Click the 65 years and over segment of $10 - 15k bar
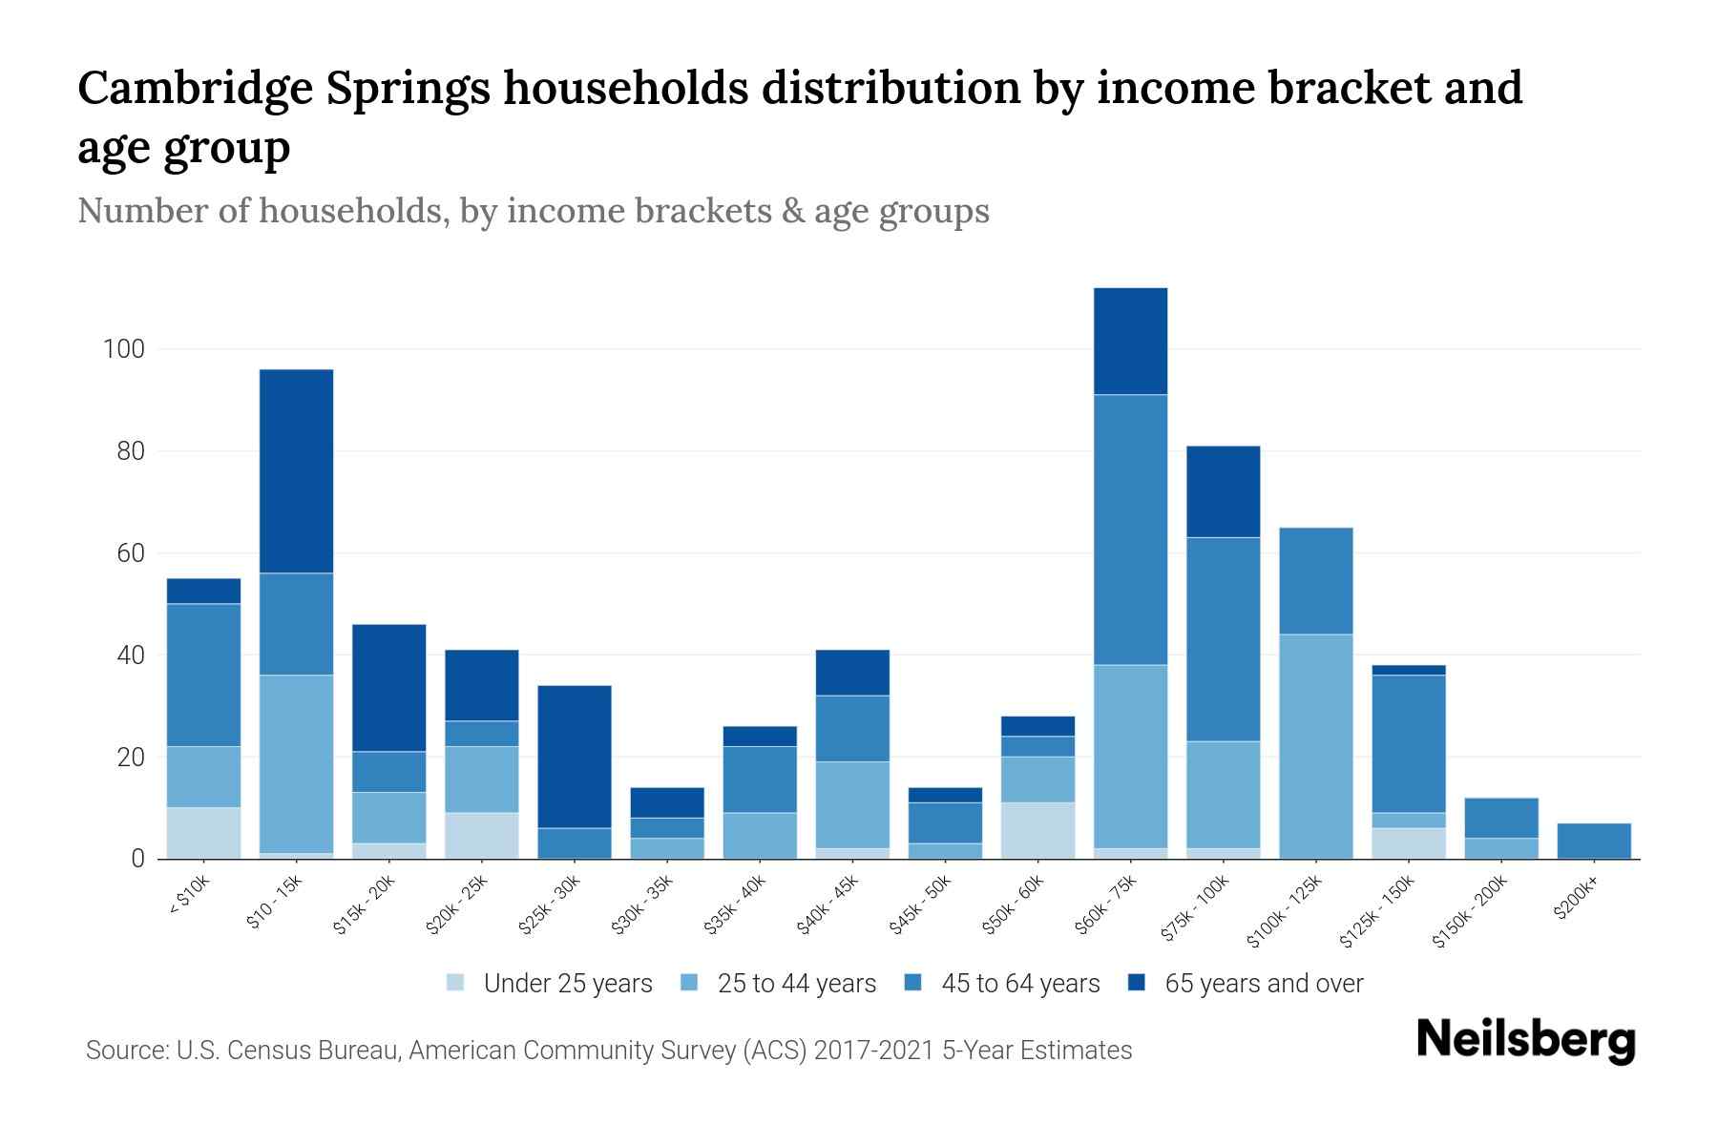tap(296, 470)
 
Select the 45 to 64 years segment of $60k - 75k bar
tap(1130, 530)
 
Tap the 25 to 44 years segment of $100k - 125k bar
tap(1315, 746)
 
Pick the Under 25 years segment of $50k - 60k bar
tap(1037, 830)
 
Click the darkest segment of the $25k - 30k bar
tap(575, 756)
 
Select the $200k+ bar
tap(1593, 841)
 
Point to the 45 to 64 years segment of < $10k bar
tap(203, 675)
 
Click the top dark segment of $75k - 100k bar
tap(1223, 491)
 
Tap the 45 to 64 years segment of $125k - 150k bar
tap(1408, 743)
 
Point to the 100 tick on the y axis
tap(123, 349)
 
